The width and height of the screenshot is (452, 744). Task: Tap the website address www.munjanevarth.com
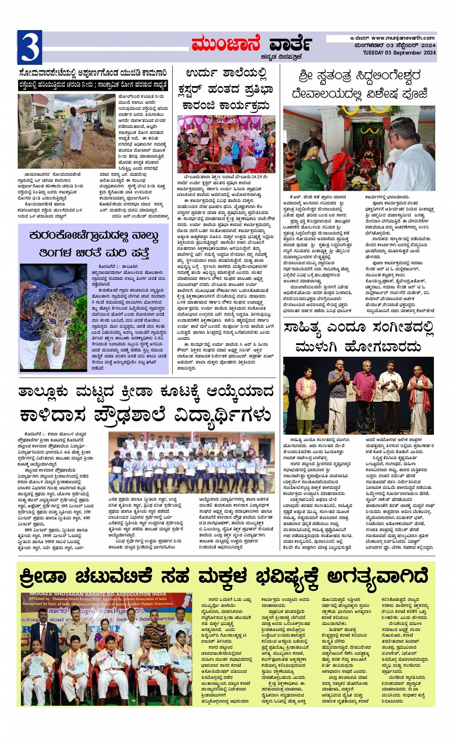click(x=403, y=38)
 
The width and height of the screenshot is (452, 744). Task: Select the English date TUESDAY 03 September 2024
click(x=399, y=53)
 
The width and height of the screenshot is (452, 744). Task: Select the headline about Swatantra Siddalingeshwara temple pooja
click(x=359, y=85)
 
